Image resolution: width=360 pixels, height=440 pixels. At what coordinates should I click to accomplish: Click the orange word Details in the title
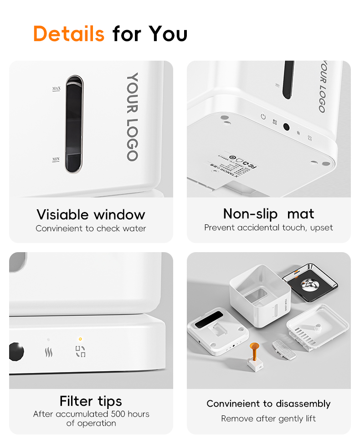click(69, 34)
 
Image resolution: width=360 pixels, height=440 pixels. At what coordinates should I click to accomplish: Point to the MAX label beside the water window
click(57, 88)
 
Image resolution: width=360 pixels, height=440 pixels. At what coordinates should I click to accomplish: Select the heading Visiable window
click(91, 214)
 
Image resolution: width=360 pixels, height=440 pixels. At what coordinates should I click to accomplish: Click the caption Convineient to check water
click(91, 228)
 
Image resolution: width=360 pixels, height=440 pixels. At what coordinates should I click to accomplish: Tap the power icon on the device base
click(263, 117)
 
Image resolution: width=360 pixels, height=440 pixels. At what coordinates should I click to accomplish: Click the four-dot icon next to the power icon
click(275, 122)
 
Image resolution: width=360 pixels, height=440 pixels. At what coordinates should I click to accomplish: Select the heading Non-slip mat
click(268, 213)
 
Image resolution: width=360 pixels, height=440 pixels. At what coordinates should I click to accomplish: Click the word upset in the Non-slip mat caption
click(322, 227)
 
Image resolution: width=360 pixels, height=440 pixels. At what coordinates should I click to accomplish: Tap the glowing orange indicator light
click(80, 339)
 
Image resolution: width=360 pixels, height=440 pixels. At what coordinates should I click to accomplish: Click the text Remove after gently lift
click(268, 419)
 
